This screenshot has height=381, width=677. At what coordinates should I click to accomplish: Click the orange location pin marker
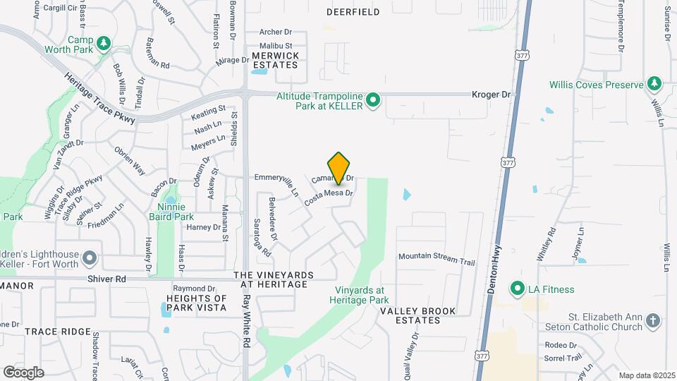click(x=339, y=168)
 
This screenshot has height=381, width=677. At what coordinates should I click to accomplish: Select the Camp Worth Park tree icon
click(x=104, y=44)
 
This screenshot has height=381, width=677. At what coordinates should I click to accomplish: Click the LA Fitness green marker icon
click(x=518, y=289)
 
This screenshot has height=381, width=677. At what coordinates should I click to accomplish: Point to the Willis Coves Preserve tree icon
click(x=654, y=84)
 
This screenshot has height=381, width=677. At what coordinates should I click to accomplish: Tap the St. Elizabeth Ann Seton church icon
click(x=654, y=322)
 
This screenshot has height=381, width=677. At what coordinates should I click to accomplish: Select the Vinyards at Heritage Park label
click(x=360, y=294)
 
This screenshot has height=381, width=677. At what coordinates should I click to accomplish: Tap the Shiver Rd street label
click(x=106, y=279)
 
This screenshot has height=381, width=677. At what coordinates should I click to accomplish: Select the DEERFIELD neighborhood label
click(x=354, y=12)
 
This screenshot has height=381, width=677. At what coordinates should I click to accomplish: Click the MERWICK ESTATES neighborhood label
click(x=275, y=60)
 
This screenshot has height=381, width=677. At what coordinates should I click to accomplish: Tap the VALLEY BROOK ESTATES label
click(x=418, y=315)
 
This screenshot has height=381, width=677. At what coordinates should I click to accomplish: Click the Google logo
click(x=23, y=372)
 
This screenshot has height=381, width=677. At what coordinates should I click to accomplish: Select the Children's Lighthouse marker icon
click(x=89, y=259)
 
